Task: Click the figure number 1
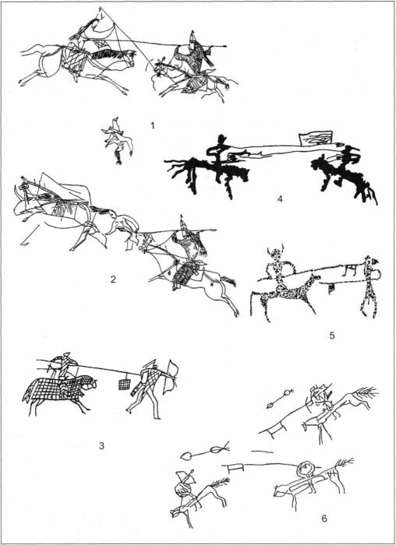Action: coord(153,125)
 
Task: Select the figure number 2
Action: coord(113,279)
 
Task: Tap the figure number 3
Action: coord(101,445)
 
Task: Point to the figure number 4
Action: coord(280,199)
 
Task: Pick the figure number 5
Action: coord(332,336)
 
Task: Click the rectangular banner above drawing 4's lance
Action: coord(316,138)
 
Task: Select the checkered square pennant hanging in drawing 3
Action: coord(124,384)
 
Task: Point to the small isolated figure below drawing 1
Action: coord(117,141)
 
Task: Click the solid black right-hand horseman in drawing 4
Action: coord(343,174)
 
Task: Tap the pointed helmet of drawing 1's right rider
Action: coord(192,36)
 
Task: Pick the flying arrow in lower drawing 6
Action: coord(205,450)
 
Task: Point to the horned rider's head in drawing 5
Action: coord(275,255)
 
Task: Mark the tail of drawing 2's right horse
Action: coord(228,280)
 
